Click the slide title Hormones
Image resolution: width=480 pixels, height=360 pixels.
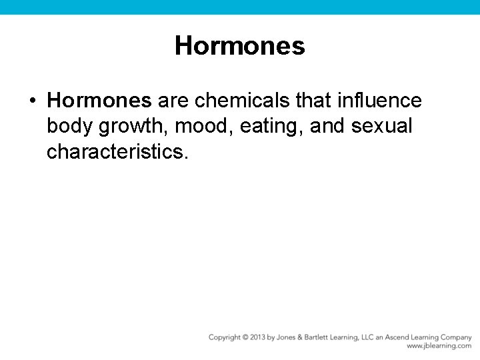(x=239, y=46)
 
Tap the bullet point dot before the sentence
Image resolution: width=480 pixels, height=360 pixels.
(x=32, y=101)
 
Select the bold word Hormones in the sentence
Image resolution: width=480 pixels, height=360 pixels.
(x=99, y=101)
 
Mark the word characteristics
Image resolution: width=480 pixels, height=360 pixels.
(x=117, y=152)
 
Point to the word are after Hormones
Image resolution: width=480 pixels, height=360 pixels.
(x=173, y=101)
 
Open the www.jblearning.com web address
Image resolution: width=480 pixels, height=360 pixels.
(x=439, y=346)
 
